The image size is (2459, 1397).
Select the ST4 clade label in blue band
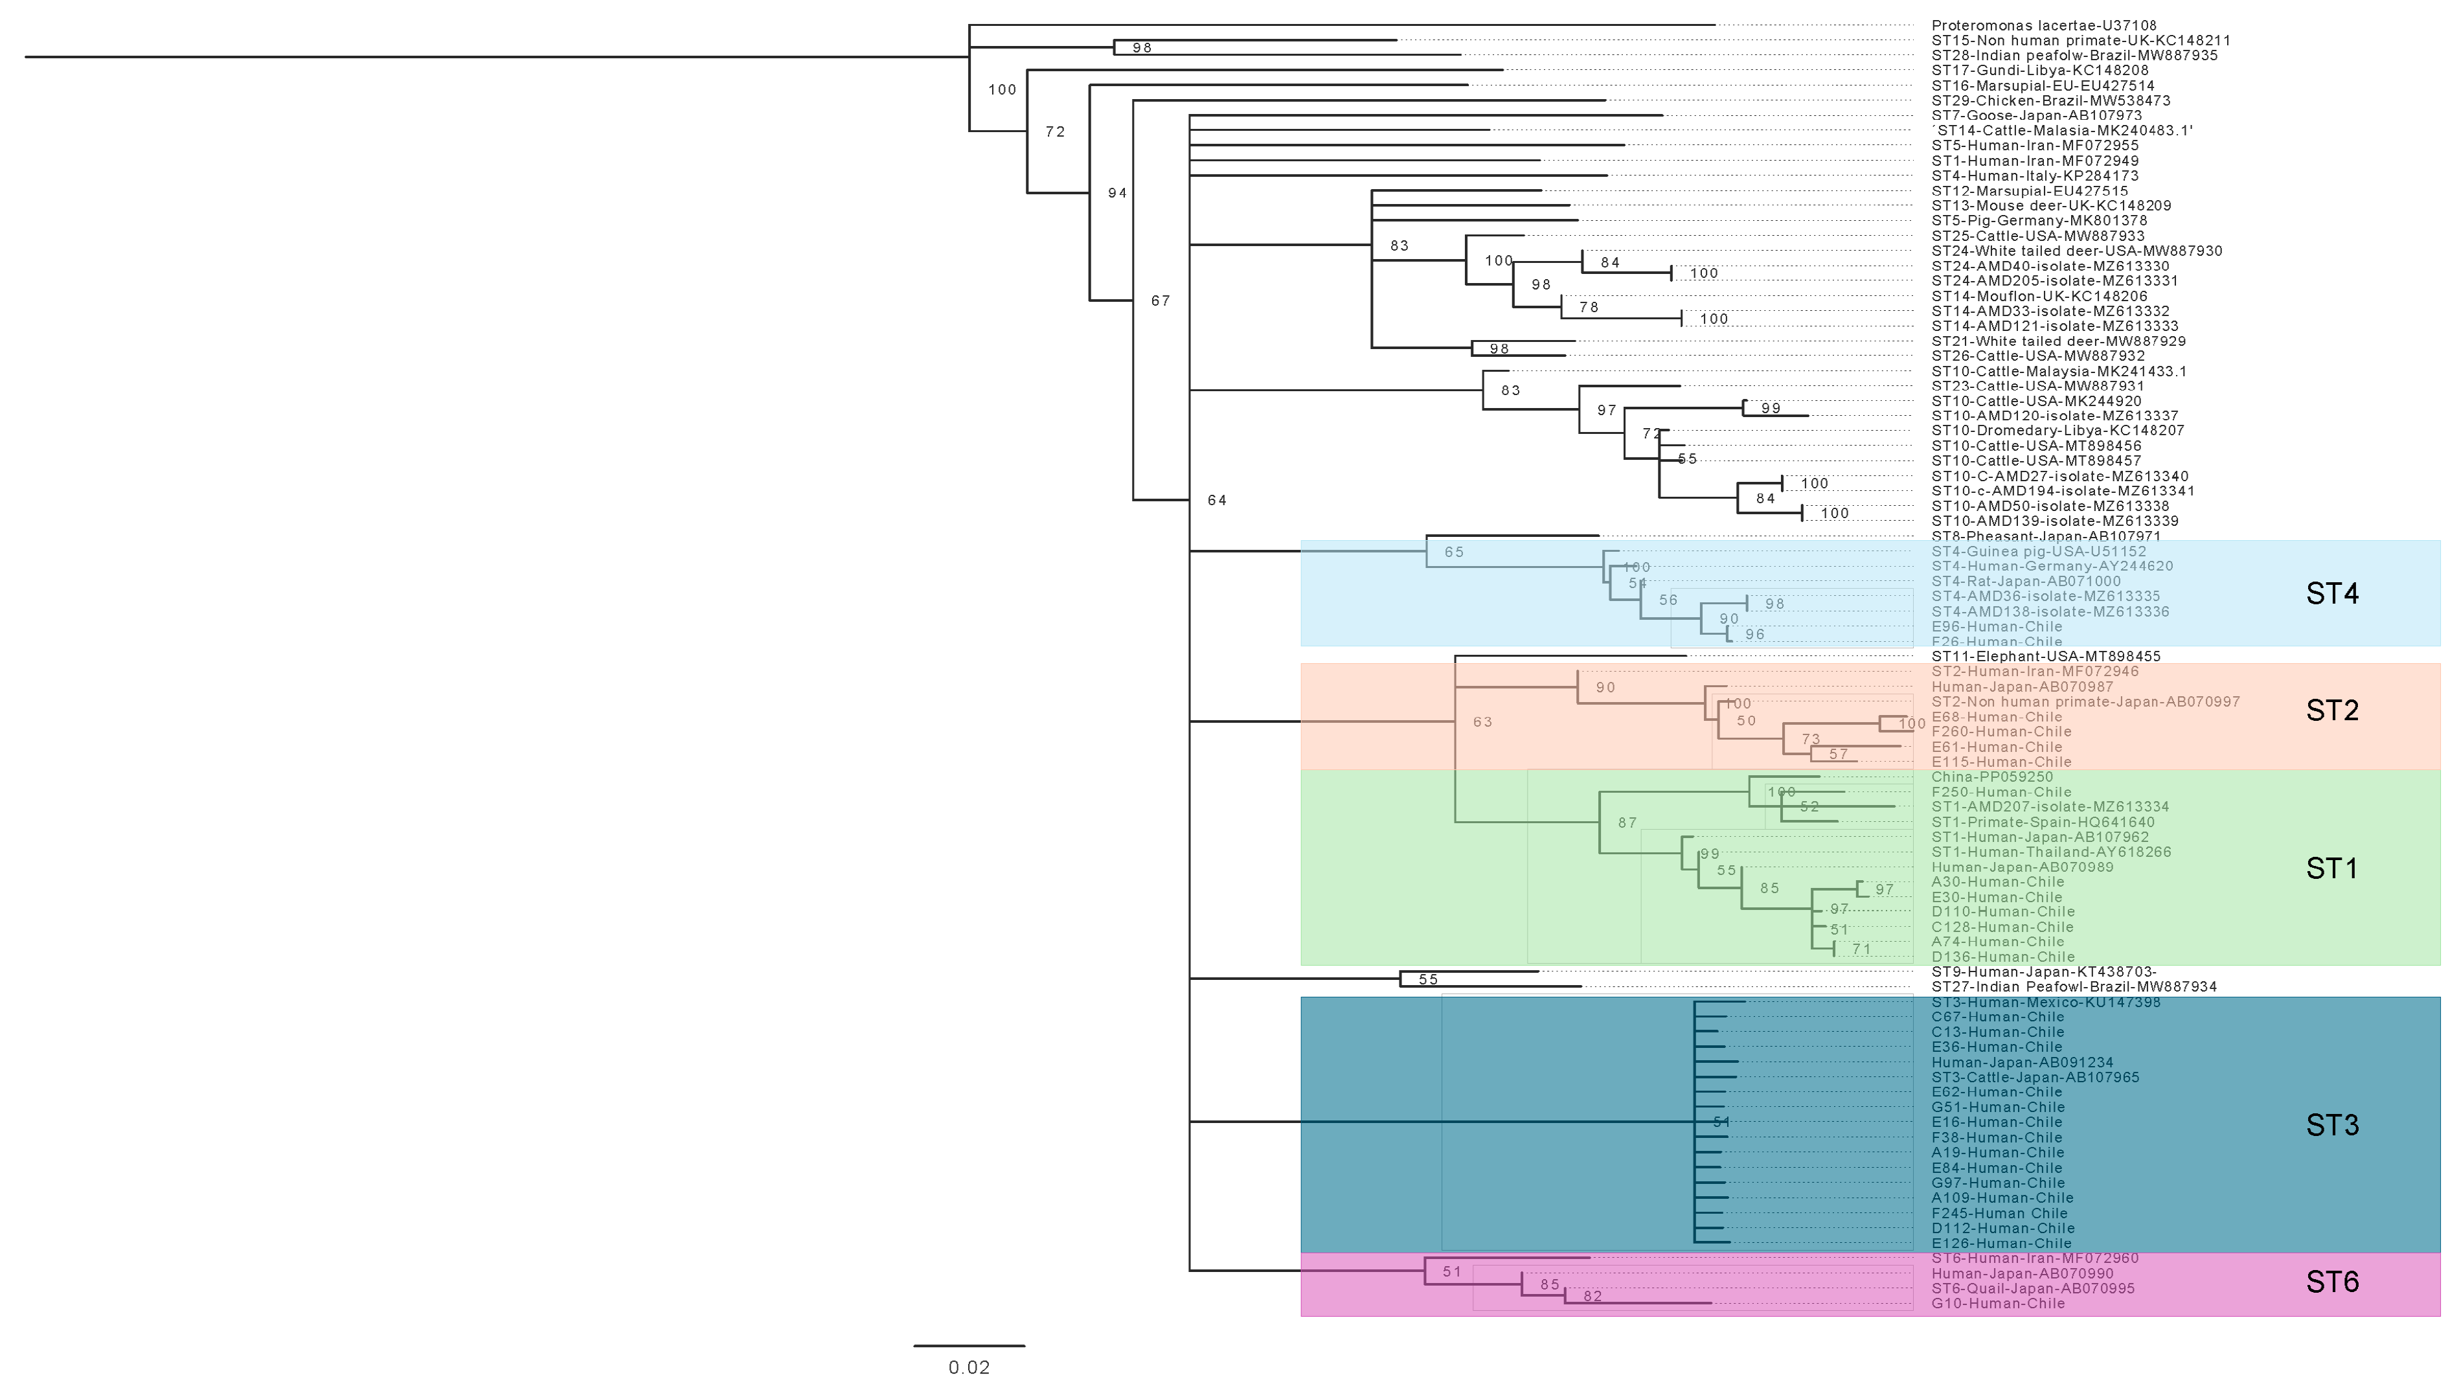pyautogui.click(x=2331, y=594)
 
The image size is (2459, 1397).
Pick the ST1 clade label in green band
pyautogui.click(x=2331, y=869)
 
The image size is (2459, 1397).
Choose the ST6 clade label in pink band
pyautogui.click(x=2331, y=1282)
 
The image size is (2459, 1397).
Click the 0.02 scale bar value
pyautogui.click(x=969, y=1367)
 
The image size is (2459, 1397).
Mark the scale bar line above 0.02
pyautogui.click(x=969, y=1345)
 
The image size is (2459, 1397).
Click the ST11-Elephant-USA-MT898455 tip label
pyautogui.click(x=2045, y=656)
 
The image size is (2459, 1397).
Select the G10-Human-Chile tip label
pyautogui.click(x=1997, y=1303)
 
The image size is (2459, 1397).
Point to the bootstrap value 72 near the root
pyautogui.click(x=1056, y=131)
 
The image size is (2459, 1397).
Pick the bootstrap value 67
pyautogui.click(x=1161, y=301)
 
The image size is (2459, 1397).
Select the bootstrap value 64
pyautogui.click(x=1217, y=500)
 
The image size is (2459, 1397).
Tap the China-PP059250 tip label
pyautogui.click(x=1992, y=777)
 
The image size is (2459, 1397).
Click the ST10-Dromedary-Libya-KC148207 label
pyautogui.click(x=2057, y=431)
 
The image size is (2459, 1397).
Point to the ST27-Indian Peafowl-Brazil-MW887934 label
pyautogui.click(x=2073, y=986)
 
